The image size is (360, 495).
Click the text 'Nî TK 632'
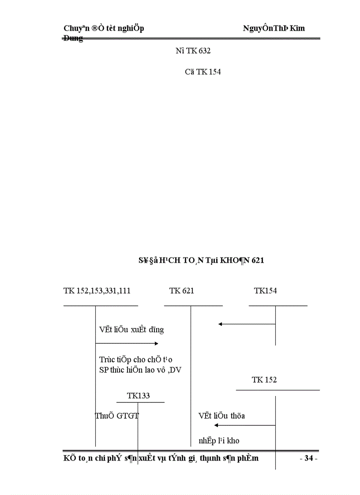(x=193, y=51)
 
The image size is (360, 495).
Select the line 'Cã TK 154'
(x=202, y=72)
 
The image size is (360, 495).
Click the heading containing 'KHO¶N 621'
(x=201, y=261)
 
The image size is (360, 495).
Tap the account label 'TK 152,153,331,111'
(x=97, y=291)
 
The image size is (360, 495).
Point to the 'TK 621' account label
(x=181, y=291)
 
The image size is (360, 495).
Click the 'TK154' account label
(x=265, y=291)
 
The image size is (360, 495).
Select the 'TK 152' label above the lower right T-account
(x=264, y=380)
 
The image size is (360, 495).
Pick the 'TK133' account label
(x=139, y=396)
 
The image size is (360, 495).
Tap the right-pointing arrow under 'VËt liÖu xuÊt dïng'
(x=127, y=343)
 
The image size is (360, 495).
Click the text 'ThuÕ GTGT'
(x=117, y=416)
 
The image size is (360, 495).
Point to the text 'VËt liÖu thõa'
(x=221, y=416)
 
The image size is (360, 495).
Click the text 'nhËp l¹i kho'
(x=219, y=441)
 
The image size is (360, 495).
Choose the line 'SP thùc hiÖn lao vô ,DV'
(x=140, y=370)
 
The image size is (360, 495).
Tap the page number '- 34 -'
(x=308, y=459)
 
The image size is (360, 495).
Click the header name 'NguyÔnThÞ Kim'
(x=274, y=28)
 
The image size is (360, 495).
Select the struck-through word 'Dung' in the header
(x=73, y=39)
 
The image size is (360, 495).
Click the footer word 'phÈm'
(x=248, y=459)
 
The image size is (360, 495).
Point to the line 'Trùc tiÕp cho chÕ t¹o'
(x=135, y=360)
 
